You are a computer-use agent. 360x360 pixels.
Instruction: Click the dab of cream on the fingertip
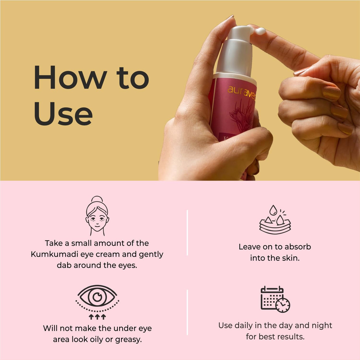(260, 31)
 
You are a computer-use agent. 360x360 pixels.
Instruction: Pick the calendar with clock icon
(275, 299)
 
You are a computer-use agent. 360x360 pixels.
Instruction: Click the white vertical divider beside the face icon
(187, 232)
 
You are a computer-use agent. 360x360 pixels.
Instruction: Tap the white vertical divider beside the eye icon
(187, 312)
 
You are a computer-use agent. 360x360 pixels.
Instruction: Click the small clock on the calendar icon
(283, 305)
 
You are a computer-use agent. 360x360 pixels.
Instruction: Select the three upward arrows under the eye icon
(97, 317)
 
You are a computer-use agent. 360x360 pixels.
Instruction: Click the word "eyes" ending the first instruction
(127, 265)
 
